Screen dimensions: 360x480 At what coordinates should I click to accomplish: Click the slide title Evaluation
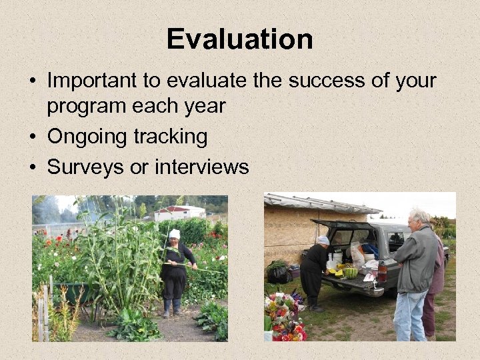pyautogui.click(x=240, y=39)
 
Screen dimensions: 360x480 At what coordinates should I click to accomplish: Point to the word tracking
pyautogui.click(x=170, y=137)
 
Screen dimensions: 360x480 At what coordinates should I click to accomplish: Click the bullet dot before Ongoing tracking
pyautogui.click(x=33, y=137)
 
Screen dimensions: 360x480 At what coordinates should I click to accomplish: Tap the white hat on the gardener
pyautogui.click(x=175, y=234)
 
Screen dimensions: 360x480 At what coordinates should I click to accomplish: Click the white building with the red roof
pyautogui.click(x=179, y=213)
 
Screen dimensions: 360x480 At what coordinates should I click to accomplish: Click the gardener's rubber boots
pyautogui.click(x=171, y=308)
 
